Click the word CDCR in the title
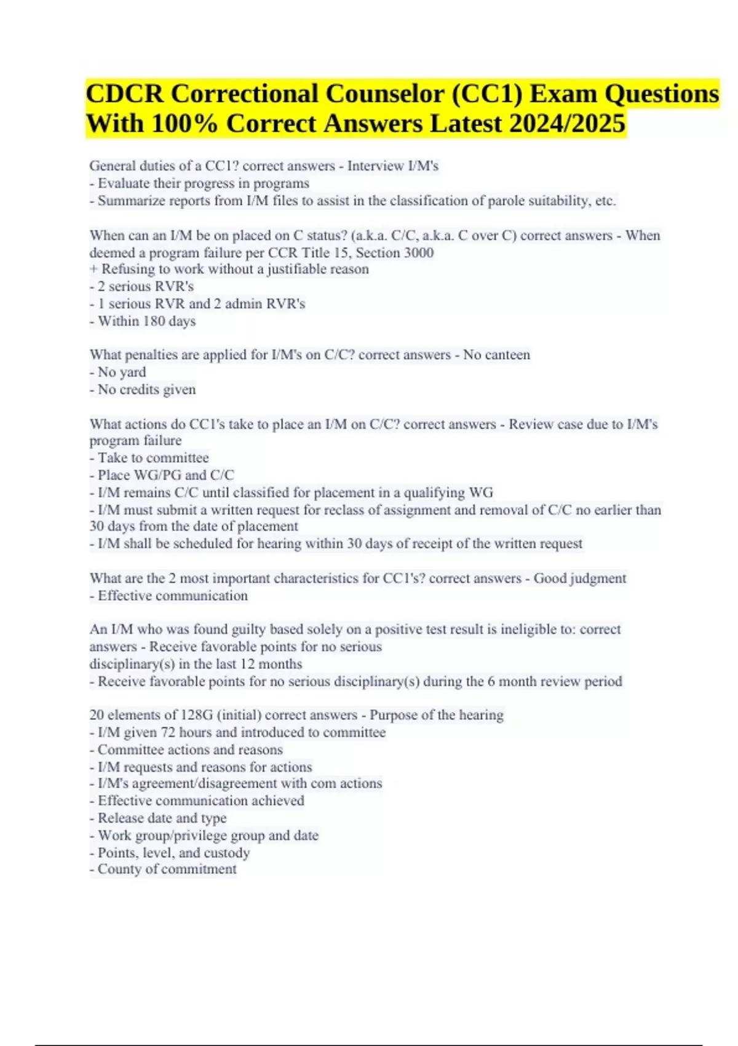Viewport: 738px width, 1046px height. click(x=124, y=94)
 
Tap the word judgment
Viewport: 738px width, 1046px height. click(x=597, y=578)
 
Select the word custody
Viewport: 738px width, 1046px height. click(x=227, y=853)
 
